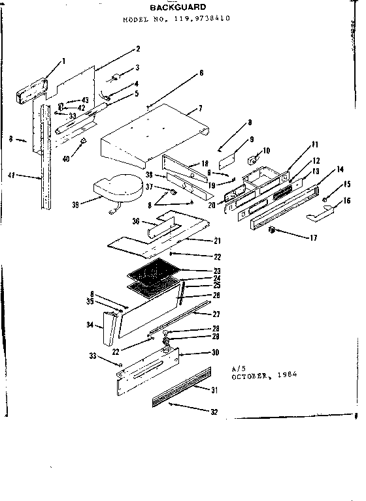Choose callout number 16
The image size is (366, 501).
point(346,201)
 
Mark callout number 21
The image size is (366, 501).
point(217,241)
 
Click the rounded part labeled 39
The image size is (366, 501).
point(119,187)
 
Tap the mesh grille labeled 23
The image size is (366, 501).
point(155,267)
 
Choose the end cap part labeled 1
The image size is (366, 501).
point(30,87)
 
